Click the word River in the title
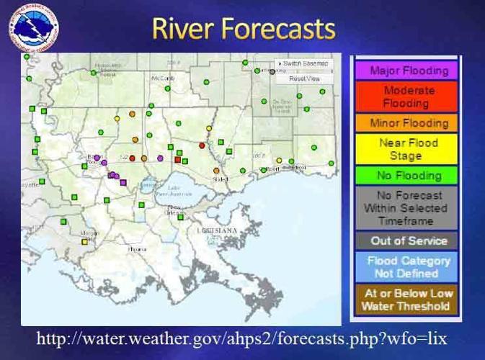[x=184, y=28]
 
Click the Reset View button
[x=304, y=78]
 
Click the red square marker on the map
[x=178, y=159]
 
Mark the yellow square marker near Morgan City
[x=85, y=242]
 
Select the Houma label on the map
[x=136, y=248]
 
